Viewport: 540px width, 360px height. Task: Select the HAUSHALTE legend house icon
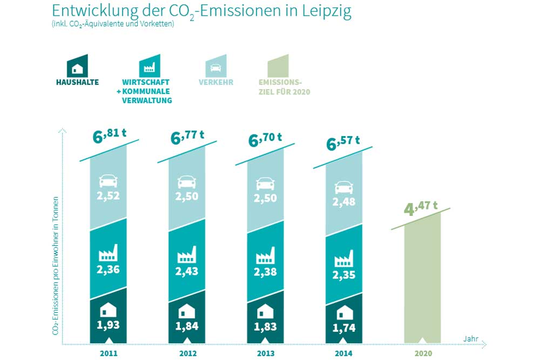coord(77,66)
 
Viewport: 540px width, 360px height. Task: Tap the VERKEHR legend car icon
coord(215,66)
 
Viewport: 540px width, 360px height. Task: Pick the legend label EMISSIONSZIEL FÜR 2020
coord(285,87)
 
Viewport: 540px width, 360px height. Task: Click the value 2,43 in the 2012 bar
coord(187,271)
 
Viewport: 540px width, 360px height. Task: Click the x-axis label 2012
coord(187,354)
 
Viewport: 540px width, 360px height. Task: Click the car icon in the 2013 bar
coord(265,182)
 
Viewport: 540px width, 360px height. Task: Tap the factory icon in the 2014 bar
coord(344,259)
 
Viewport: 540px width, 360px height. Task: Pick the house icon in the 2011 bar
coord(109,310)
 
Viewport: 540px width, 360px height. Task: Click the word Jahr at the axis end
coord(470,338)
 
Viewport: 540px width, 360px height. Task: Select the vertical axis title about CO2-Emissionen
coord(56,264)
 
